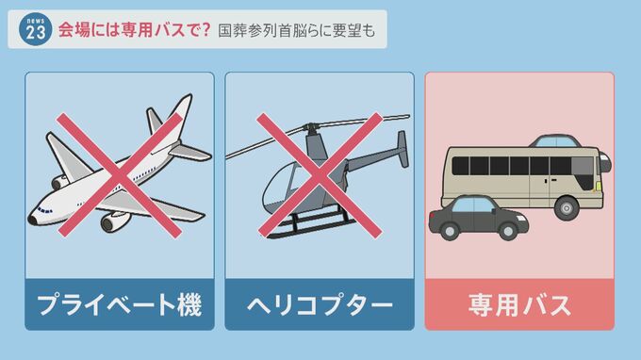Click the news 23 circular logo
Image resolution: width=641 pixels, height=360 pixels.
[35, 29]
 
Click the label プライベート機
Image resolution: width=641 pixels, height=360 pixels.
[120, 304]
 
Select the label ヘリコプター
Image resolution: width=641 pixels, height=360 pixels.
[320, 304]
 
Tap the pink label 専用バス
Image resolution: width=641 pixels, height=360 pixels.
[519, 304]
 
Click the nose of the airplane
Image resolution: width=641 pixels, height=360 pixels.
[32, 220]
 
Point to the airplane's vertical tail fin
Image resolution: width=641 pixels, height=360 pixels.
[181, 114]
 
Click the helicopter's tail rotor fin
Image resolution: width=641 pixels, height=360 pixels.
[403, 149]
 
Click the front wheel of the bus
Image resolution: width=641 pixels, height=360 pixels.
[567, 208]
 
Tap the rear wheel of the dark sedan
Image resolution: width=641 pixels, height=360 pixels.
[450, 232]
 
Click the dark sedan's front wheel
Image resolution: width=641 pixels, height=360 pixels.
[508, 232]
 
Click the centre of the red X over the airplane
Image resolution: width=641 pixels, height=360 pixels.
[120, 175]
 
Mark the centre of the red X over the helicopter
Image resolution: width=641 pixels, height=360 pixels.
[320, 175]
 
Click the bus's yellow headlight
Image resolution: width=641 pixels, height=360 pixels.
[599, 188]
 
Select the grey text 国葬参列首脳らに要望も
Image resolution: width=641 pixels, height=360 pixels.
[296, 31]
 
